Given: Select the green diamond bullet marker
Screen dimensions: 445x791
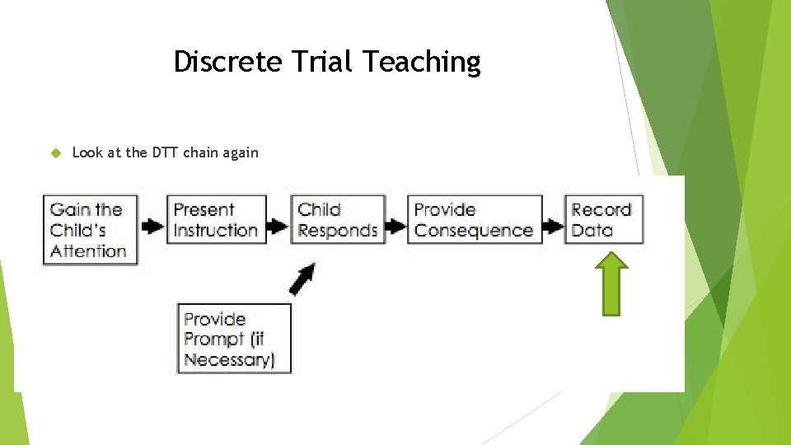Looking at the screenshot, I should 56,152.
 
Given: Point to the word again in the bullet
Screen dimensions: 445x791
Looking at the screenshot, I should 238,153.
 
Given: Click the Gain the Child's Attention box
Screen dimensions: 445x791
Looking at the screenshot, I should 89,230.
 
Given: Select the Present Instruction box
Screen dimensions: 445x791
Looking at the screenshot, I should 217,220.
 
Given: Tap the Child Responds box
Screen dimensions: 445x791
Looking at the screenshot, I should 338,220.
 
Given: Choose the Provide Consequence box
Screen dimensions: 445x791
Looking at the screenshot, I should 475,220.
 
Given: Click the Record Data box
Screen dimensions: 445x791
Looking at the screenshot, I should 602,220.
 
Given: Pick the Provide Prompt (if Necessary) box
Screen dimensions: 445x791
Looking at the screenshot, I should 235,339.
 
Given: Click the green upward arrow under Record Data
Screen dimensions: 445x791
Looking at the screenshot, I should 612,284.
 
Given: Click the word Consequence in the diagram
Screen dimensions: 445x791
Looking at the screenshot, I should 474,231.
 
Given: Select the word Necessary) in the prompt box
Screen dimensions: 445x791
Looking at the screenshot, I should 229,360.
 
